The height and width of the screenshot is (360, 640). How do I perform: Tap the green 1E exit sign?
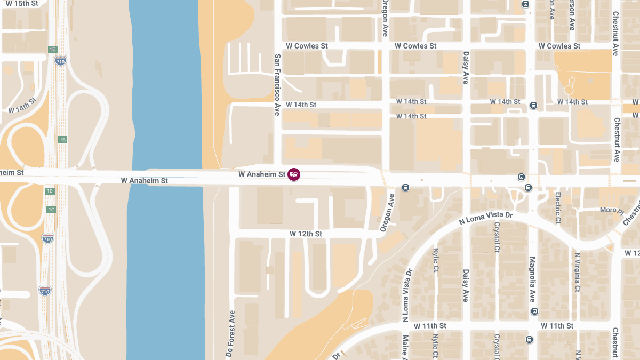coord(52,49)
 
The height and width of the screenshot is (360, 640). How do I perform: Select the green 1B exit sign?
coord(62,140)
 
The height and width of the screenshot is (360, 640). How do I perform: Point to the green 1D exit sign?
coord(50,191)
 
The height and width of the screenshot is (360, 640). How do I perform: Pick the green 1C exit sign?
coord(51,210)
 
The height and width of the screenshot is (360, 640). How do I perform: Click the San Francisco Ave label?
coord(277,85)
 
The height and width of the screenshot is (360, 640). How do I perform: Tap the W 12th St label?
coord(306,234)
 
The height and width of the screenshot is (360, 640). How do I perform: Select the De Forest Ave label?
coord(230,334)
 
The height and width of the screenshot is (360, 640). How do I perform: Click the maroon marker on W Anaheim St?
coord(293,174)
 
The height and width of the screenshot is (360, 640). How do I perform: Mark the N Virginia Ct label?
coord(577,272)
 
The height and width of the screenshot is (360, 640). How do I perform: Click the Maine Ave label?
coord(405,347)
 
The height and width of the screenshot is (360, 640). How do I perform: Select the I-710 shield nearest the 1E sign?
coord(60,60)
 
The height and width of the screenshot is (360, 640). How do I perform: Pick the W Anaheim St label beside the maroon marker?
coord(261,174)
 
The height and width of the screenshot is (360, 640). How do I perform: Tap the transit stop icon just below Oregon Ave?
coord(405,187)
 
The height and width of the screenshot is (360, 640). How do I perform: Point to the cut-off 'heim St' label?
coord(12,173)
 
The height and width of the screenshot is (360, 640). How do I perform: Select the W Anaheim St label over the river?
coord(144,181)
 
